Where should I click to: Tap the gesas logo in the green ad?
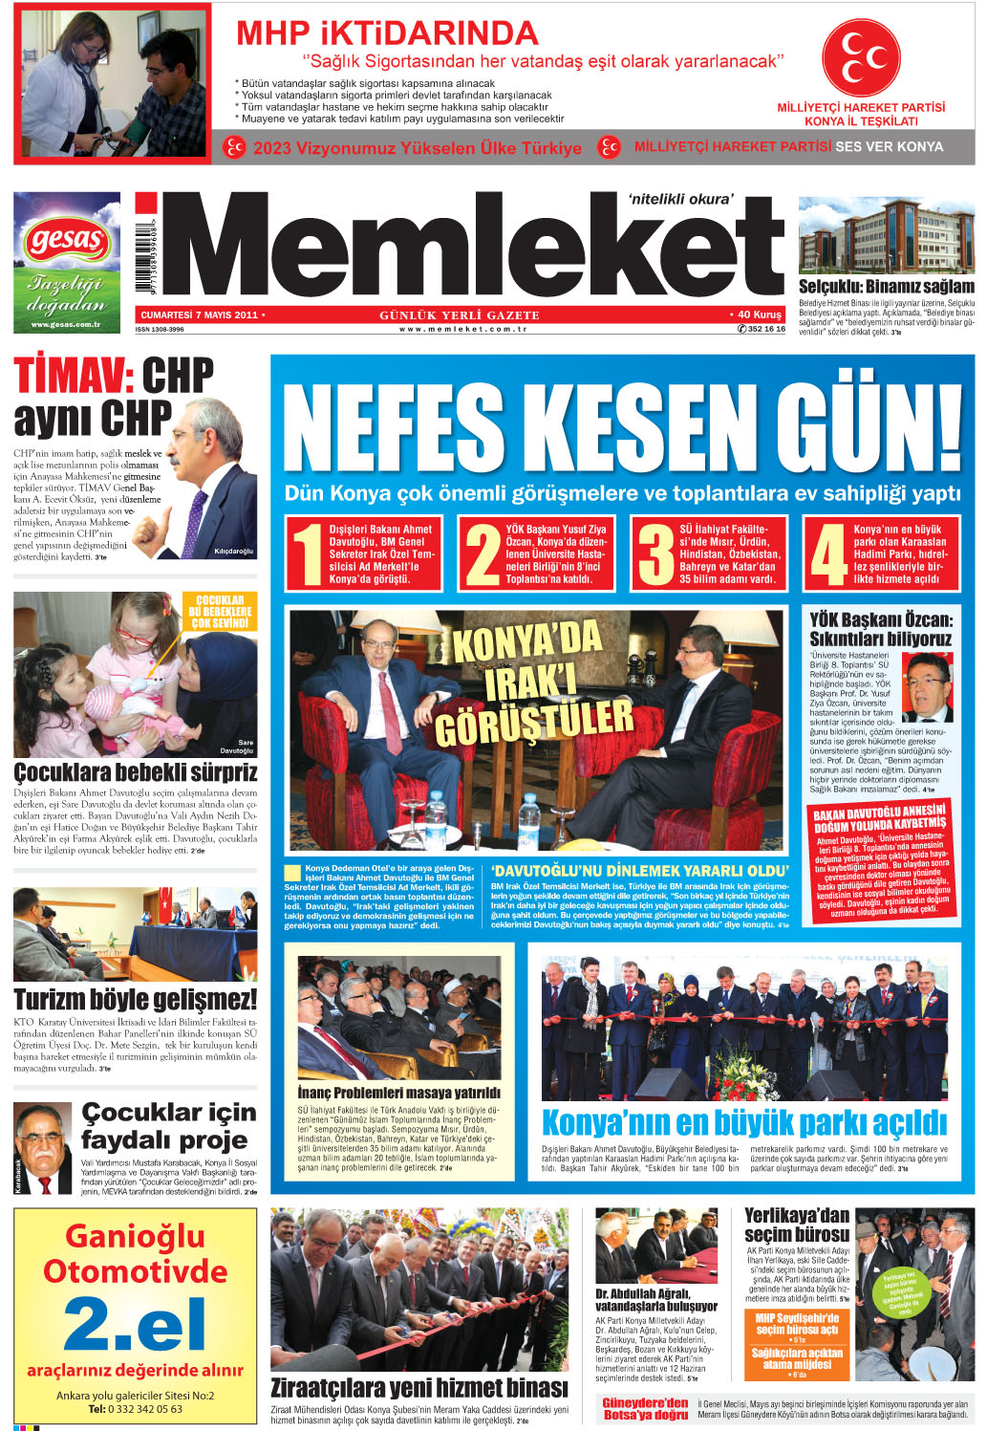pos(66,239)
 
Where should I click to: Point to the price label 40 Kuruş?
pos(760,314)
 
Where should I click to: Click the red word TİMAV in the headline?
pos(69,376)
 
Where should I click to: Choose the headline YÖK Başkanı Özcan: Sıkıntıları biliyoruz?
pos(880,629)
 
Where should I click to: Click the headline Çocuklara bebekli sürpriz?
pos(135,772)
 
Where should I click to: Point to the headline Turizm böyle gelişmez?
pos(135,1000)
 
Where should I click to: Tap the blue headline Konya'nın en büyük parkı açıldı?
pos(743,1122)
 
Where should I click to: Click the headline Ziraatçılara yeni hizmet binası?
pos(418,1387)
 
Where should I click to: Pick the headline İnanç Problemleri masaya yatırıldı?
pos(398,1093)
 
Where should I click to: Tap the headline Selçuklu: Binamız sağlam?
pos(886,286)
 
